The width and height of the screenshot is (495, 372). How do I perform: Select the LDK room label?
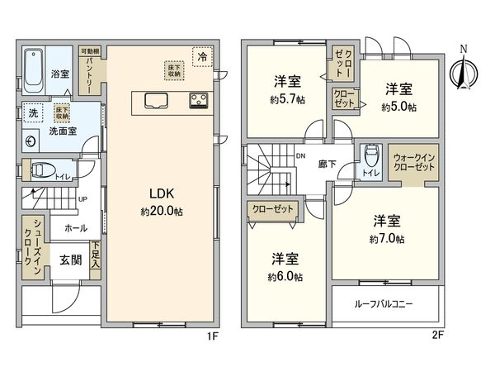pos(161,195)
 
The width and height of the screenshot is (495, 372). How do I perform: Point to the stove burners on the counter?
pos(199,101)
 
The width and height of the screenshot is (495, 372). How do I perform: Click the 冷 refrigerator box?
pos(202,57)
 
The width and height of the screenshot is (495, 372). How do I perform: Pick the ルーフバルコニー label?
pos(386,303)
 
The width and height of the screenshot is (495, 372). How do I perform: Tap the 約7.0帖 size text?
pos(387,239)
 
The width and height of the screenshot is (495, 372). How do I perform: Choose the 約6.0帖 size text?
pos(285,276)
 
